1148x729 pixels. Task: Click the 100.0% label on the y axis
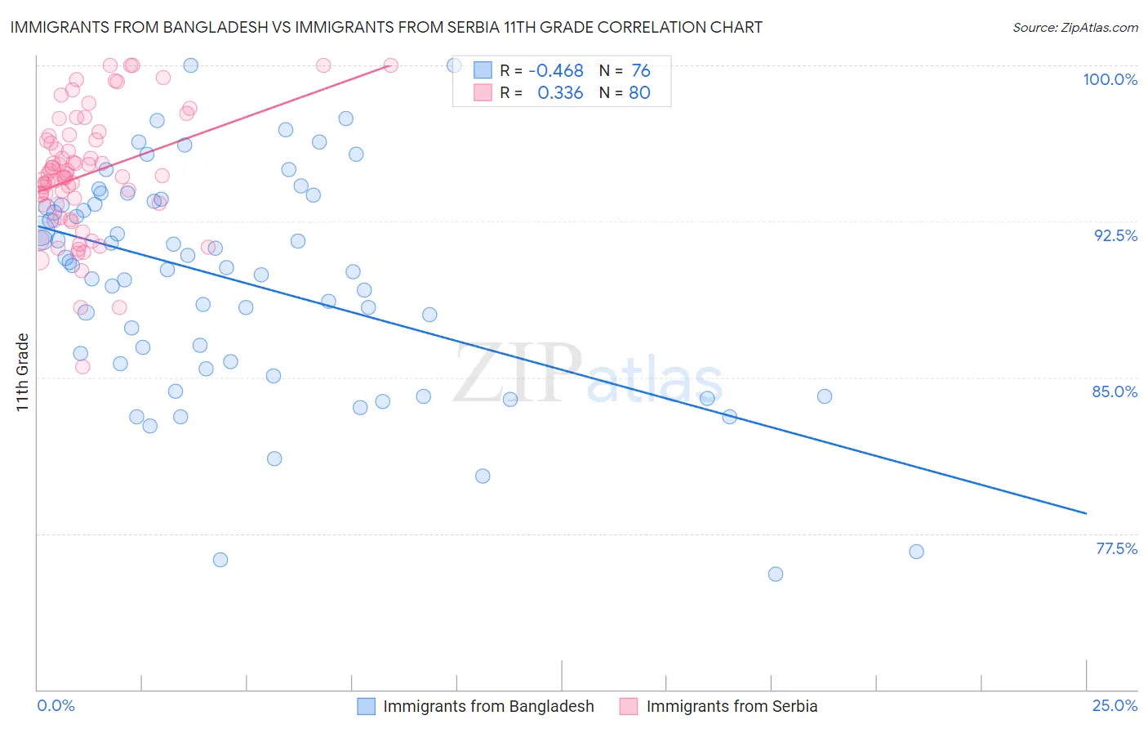tap(1110, 79)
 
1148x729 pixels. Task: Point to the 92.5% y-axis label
tap(1115, 235)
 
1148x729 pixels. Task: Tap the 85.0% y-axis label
tap(1115, 391)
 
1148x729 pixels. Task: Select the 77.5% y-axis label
tap(1116, 548)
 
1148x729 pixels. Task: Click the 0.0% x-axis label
tap(56, 705)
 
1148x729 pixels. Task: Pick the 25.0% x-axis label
tap(1115, 705)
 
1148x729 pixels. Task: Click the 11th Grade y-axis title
tap(22, 372)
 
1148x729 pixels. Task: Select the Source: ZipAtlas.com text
tap(1075, 27)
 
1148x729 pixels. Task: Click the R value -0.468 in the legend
tap(555, 70)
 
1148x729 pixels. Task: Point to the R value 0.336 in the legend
tap(560, 92)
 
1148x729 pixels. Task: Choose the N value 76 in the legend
tap(641, 70)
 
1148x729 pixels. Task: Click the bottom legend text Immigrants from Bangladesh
tap(488, 706)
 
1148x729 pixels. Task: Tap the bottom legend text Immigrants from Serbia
tap(732, 706)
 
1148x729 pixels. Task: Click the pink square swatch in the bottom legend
tap(628, 706)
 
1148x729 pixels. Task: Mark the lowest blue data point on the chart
tap(776, 574)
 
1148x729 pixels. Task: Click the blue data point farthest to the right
tap(916, 552)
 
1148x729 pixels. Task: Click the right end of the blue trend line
tap(1086, 513)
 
